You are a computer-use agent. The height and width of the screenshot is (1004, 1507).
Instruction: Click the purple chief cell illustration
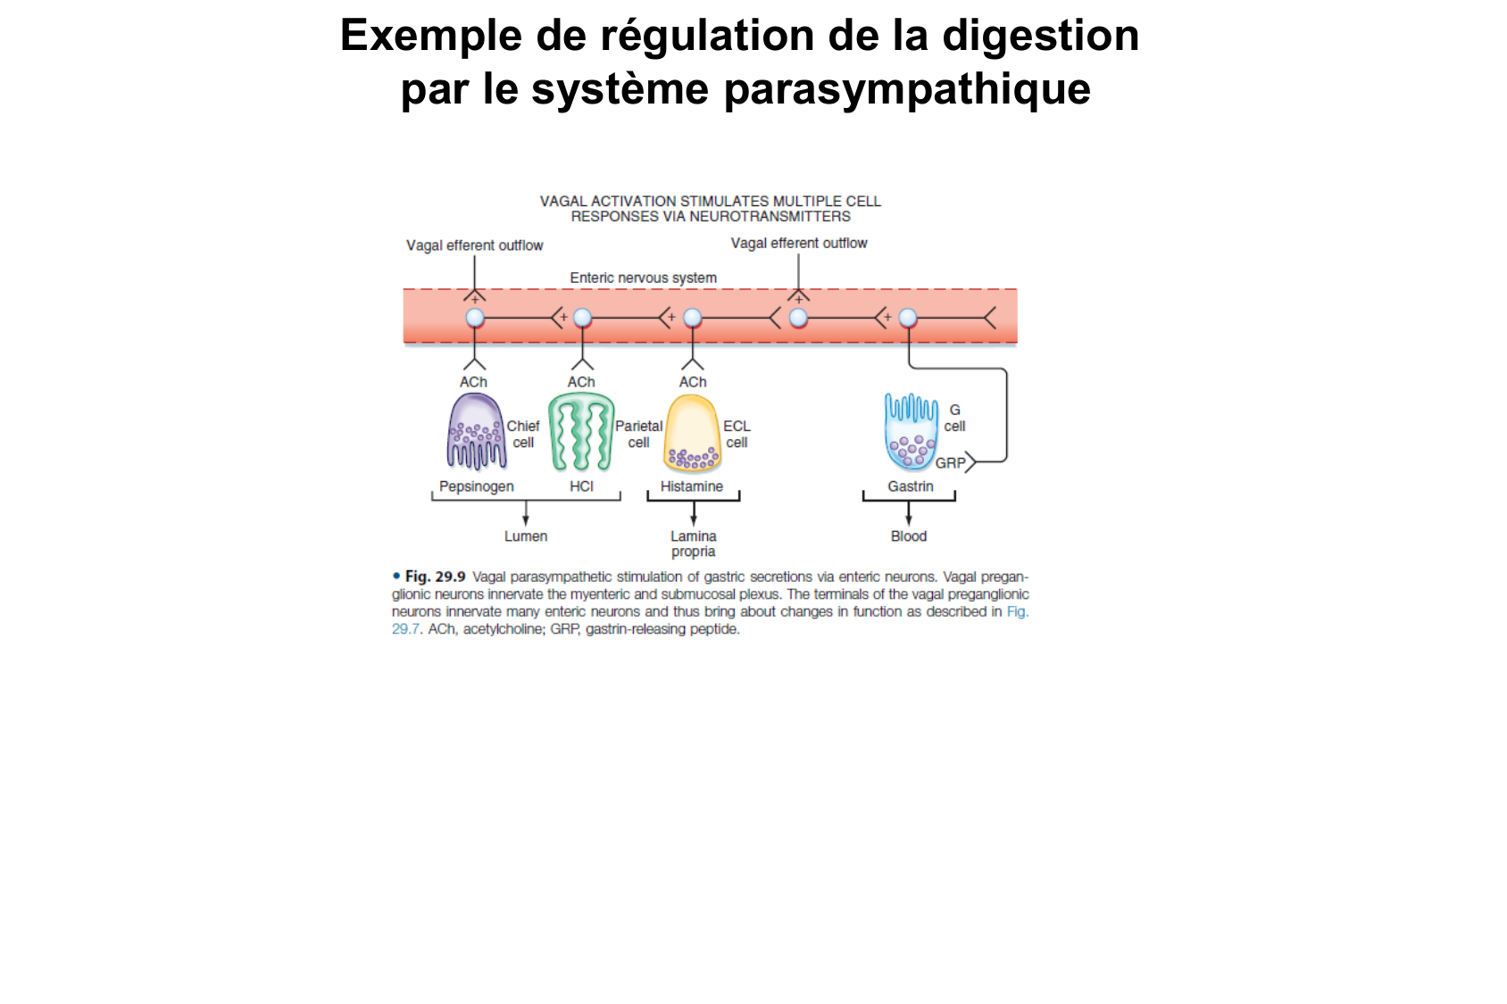coord(476,433)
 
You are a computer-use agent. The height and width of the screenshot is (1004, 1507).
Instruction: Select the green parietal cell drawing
coord(581,433)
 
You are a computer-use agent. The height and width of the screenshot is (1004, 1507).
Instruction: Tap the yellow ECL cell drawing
coord(692,434)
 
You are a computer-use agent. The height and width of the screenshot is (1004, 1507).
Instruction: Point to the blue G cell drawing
coord(911,433)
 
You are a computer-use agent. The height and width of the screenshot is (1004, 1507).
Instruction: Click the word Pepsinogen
coord(476,486)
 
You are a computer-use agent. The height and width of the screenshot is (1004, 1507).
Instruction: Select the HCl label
coord(581,486)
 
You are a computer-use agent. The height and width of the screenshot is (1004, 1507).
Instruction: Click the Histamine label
coord(692,486)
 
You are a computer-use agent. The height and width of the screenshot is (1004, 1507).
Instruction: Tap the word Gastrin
coord(911,486)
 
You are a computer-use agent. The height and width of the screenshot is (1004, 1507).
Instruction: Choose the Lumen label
coord(526,536)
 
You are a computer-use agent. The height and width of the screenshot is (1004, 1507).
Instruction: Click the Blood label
coord(909,536)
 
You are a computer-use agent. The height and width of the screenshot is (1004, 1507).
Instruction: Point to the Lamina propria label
coord(694,543)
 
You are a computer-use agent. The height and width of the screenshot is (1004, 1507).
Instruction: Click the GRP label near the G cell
coord(950,463)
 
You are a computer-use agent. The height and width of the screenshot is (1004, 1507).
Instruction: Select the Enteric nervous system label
coord(643,278)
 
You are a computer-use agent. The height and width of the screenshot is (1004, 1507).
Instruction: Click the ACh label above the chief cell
coord(473,382)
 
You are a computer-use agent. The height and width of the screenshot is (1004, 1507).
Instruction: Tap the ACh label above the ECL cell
coord(693,382)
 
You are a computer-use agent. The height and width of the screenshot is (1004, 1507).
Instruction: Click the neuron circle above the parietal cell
coord(582,318)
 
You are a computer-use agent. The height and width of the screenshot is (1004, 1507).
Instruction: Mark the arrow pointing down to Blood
coord(909,515)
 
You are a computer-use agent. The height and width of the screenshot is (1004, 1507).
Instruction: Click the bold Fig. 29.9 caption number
coord(435,577)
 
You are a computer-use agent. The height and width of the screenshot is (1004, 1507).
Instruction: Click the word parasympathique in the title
coord(907,89)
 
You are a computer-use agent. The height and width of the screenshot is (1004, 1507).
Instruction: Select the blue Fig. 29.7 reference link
coord(1017,612)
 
